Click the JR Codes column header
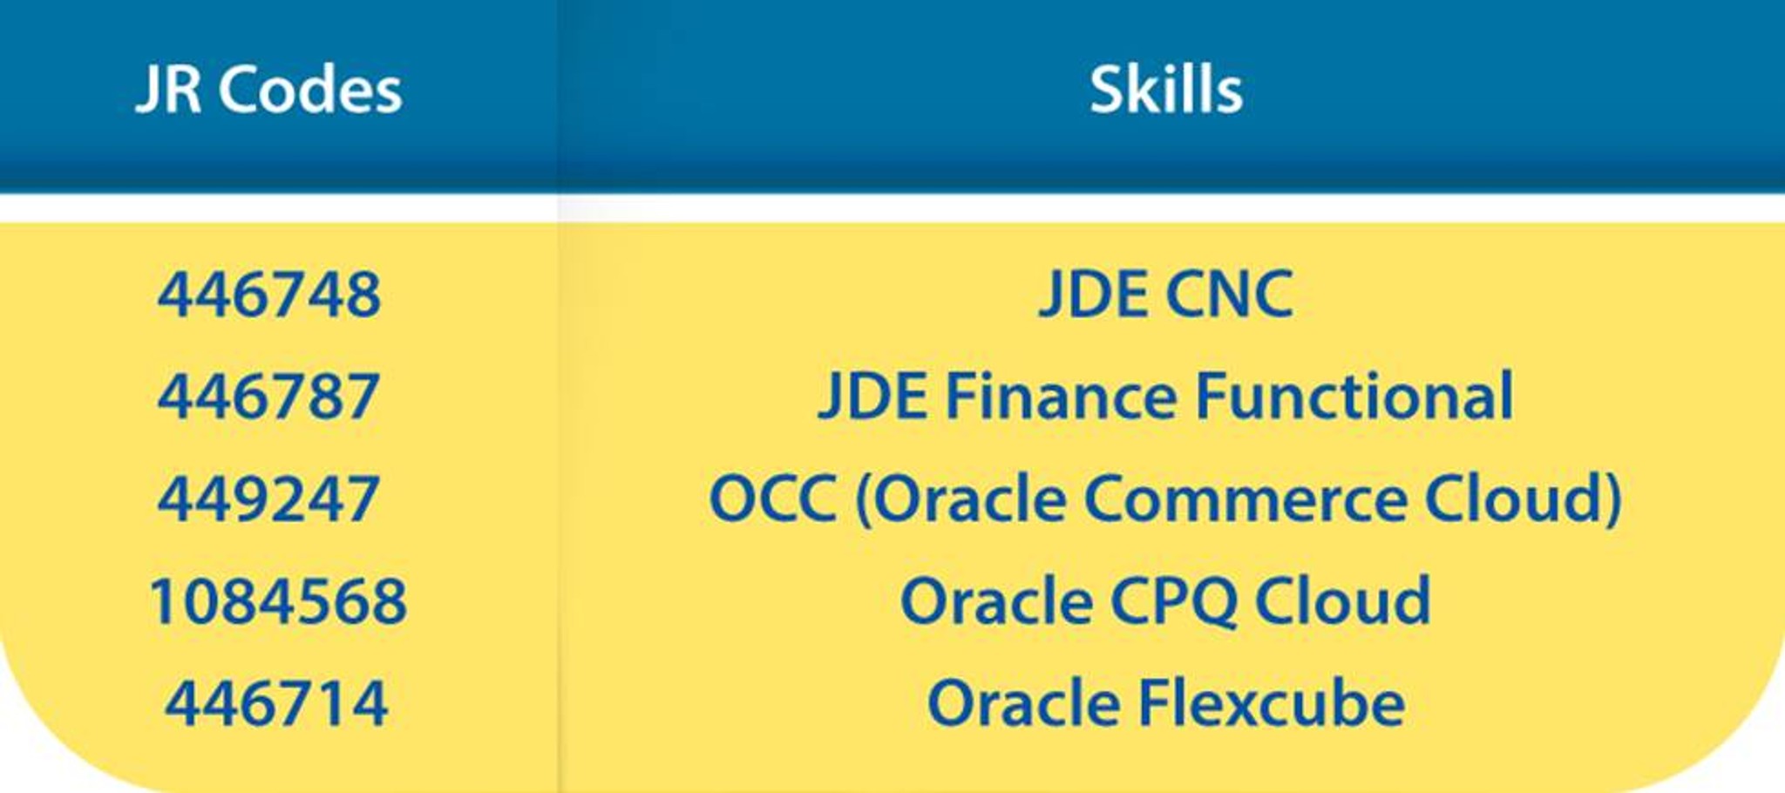269,90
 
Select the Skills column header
1166,89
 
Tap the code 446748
269,295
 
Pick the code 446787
268,396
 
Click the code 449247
268,498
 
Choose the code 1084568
278,600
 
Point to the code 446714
276,703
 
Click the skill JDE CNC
1166,295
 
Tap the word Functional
1354,396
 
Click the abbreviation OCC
774,498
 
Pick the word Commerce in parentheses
1245,498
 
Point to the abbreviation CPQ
1173,601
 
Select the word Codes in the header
310,90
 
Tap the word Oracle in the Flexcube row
1024,702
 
